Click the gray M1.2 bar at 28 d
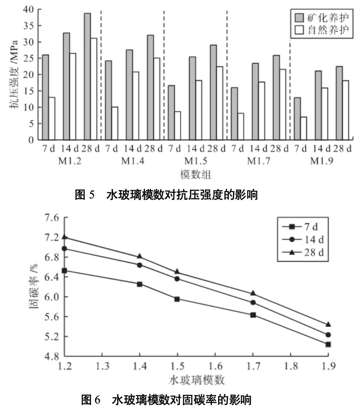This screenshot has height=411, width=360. click(87, 77)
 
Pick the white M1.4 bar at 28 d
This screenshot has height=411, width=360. click(156, 99)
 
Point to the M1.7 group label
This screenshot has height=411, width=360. click(260, 161)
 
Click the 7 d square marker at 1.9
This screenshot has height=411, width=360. click(328, 344)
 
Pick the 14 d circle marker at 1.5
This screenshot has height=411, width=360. click(177, 279)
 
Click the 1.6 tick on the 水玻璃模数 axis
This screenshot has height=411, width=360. click(215, 366)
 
